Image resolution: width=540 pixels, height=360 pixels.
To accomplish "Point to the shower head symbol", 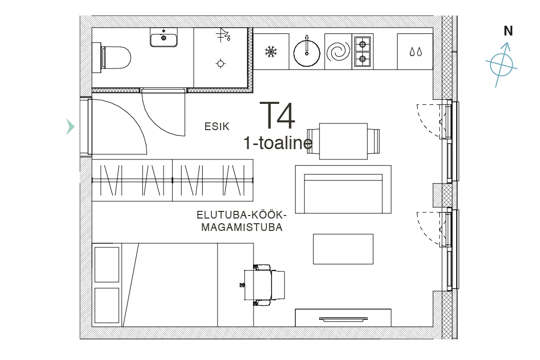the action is pyautogui.click(x=223, y=35).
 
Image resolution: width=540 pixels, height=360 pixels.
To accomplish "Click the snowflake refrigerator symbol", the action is pyautogui.click(x=271, y=52).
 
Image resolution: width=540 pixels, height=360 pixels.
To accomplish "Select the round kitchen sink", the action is pyautogui.click(x=307, y=53).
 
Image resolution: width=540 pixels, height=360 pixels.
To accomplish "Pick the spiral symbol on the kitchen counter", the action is pyautogui.click(x=338, y=51).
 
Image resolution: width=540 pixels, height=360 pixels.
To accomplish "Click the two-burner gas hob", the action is pyautogui.click(x=363, y=51).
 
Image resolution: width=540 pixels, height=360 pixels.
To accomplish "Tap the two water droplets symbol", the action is pyautogui.click(x=416, y=52).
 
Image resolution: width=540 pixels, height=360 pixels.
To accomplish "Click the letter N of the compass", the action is pyautogui.click(x=508, y=31).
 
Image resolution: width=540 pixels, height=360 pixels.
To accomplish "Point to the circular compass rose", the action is pyautogui.click(x=501, y=65).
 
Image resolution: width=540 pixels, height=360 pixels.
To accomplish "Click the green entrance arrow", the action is pyautogui.click(x=70, y=127).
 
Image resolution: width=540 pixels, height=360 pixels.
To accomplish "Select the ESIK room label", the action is pyautogui.click(x=217, y=127).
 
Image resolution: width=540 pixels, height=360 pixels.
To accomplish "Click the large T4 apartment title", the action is pyautogui.click(x=277, y=115).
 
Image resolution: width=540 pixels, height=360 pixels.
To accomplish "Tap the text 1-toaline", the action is pyautogui.click(x=278, y=142).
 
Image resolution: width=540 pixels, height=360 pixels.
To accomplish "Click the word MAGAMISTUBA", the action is pyautogui.click(x=242, y=227).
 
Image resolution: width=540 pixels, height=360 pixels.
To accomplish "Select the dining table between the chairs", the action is pyautogui.click(x=344, y=141).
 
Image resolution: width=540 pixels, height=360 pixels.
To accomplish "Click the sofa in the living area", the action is pyautogui.click(x=343, y=189).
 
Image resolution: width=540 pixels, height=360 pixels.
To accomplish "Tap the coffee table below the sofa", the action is pyautogui.click(x=343, y=249).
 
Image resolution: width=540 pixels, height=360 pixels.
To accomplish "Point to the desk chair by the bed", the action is pyautogui.click(x=263, y=285).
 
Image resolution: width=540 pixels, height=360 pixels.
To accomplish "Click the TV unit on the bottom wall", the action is pyautogui.click(x=343, y=318).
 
